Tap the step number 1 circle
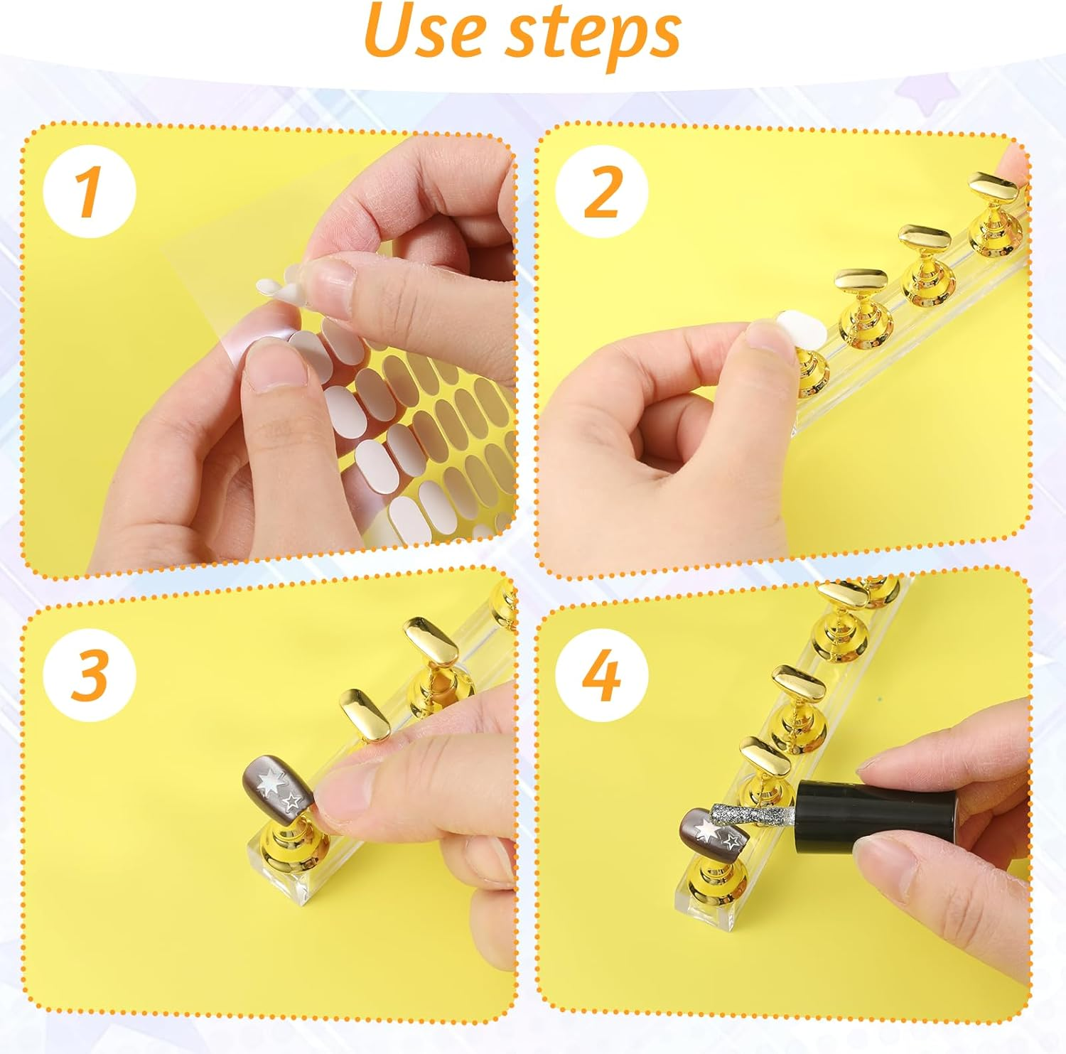pyautogui.click(x=89, y=192)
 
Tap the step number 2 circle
pyautogui.click(x=602, y=192)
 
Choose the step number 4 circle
pyautogui.click(x=602, y=675)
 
